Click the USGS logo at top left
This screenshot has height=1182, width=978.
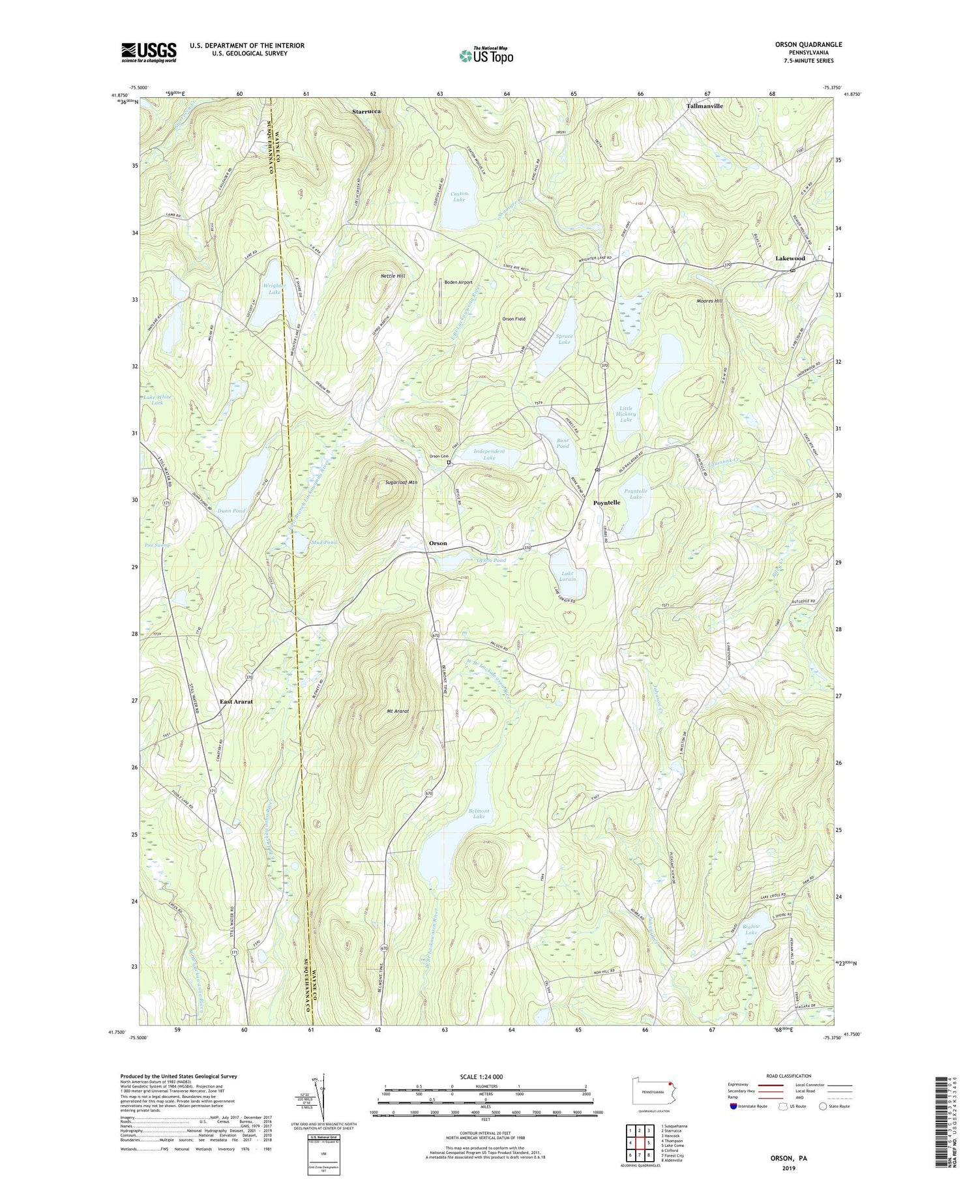[x=149, y=52]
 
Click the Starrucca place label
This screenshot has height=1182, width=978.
[x=366, y=111]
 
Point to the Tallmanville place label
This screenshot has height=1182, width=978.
[x=704, y=106]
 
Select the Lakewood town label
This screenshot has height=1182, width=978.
[x=790, y=258]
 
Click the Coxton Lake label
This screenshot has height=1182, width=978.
[x=459, y=196]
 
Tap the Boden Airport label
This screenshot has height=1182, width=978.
[x=458, y=282]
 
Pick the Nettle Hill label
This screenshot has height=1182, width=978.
[x=393, y=276]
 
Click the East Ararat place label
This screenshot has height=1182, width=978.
[x=235, y=702]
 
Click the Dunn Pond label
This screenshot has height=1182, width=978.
[x=231, y=510]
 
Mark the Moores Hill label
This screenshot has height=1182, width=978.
[x=709, y=301]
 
